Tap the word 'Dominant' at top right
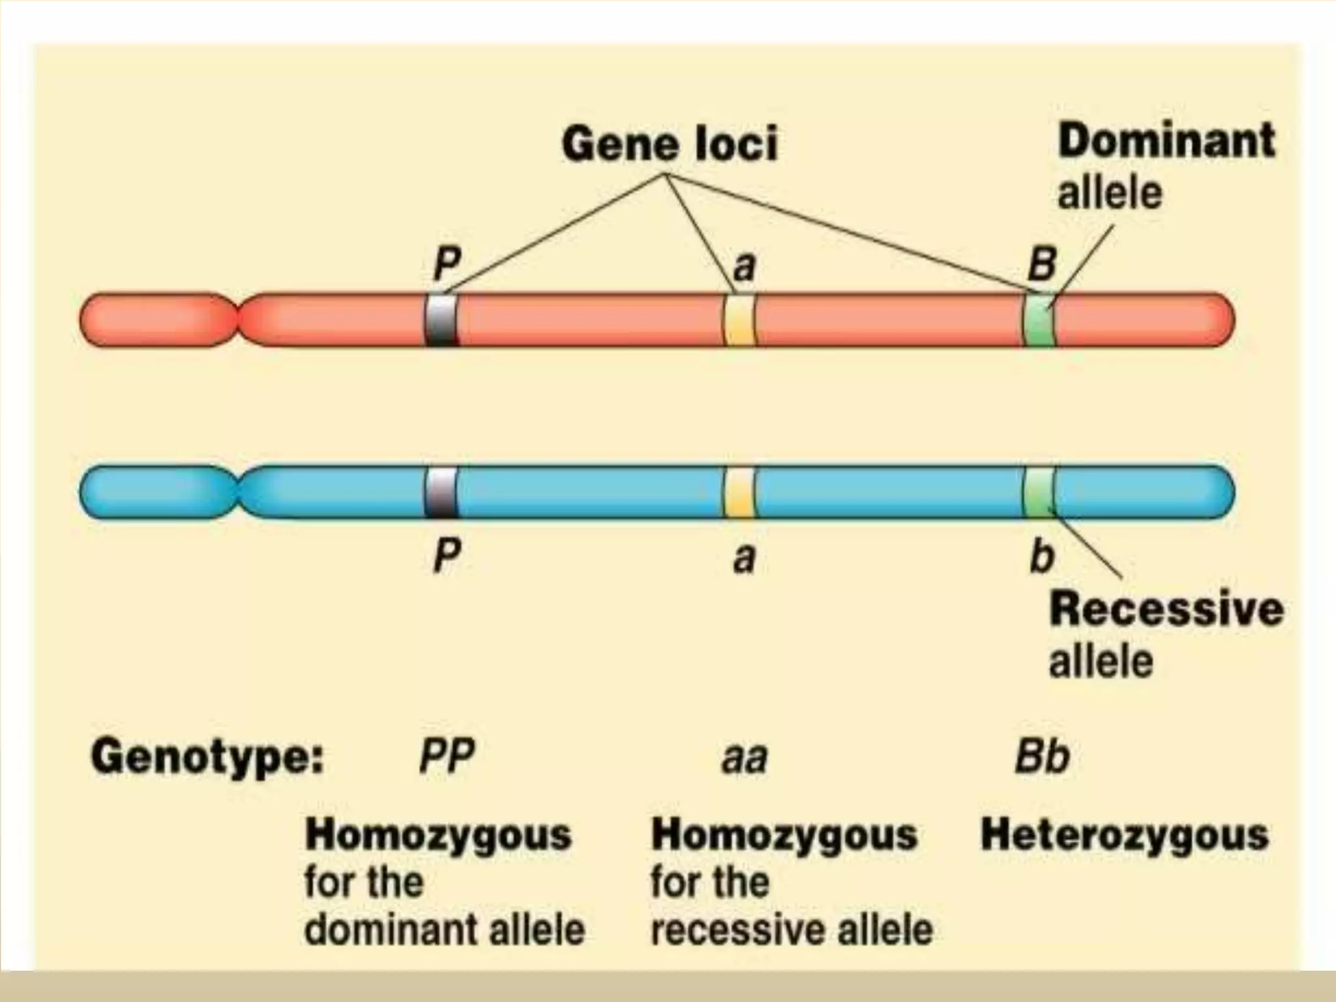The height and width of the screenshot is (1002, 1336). (x=1166, y=141)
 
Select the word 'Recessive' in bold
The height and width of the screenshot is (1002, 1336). (x=1166, y=609)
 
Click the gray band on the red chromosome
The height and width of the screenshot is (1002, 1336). (x=442, y=320)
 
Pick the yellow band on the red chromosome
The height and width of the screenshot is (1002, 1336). (x=739, y=320)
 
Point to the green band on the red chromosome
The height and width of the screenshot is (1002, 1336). (x=1039, y=320)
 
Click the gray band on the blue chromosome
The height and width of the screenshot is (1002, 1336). (x=442, y=493)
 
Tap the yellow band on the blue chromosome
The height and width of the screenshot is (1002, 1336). (x=739, y=493)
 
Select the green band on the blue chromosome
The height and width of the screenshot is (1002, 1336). (x=1039, y=493)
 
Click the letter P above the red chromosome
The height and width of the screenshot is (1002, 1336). (x=447, y=264)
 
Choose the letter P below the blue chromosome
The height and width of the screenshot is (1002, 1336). (x=447, y=556)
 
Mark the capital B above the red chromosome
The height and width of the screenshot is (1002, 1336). (x=1042, y=264)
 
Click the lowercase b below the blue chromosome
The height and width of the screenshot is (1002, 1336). (x=1042, y=556)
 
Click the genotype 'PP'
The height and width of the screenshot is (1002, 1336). (x=447, y=757)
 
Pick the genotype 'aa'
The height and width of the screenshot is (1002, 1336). (x=744, y=759)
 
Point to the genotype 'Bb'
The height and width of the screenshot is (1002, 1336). (x=1042, y=757)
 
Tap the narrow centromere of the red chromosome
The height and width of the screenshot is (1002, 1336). (x=237, y=320)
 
